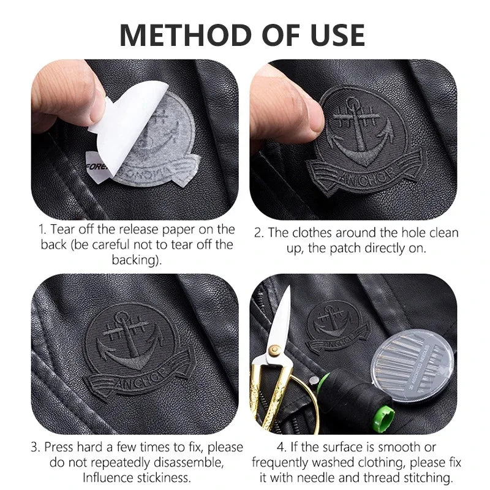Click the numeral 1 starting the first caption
point(41,230)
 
